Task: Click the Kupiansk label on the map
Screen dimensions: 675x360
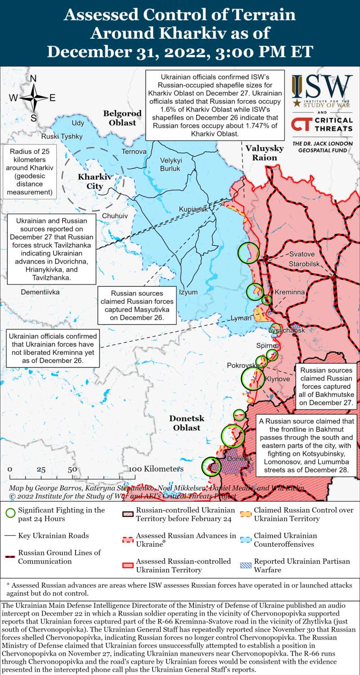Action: pos(193,210)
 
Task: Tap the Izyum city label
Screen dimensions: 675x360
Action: pos(188,292)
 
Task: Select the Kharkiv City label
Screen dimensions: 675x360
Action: pos(90,181)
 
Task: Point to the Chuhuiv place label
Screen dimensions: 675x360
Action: pos(115,216)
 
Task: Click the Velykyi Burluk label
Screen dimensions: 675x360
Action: pos(170,165)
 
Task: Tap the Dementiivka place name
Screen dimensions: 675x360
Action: pos(40,292)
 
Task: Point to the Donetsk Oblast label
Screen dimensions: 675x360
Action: pos(187,423)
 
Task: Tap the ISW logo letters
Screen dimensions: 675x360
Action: pos(322,88)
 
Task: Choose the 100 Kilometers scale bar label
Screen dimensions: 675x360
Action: pos(157,469)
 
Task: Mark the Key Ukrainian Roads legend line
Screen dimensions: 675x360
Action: pos(10,536)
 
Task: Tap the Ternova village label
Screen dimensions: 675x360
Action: pos(134,152)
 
